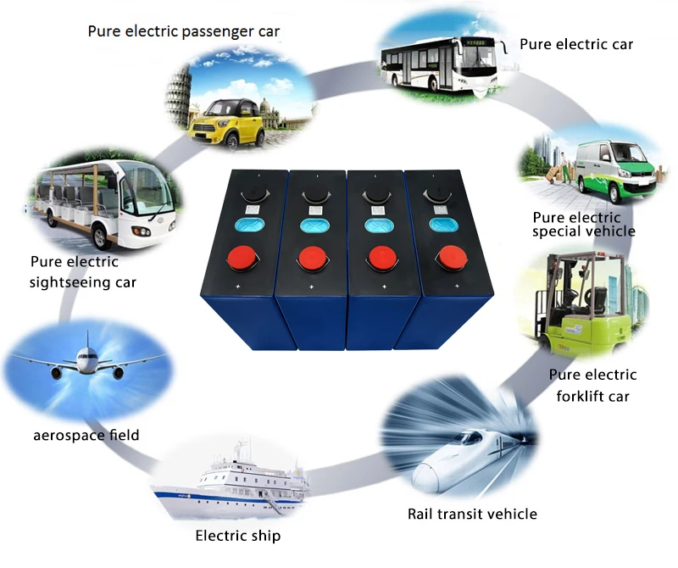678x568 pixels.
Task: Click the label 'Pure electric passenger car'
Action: (184, 31)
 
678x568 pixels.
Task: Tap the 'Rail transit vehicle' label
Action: (472, 514)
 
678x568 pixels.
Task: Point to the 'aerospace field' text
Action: (86, 435)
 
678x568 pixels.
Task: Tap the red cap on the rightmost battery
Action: (448, 258)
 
